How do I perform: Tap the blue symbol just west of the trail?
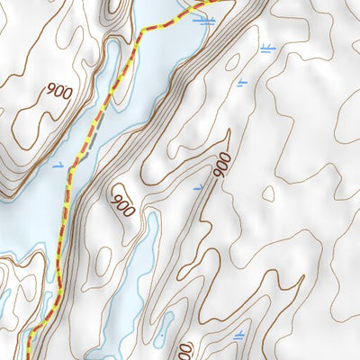(x=58, y=165)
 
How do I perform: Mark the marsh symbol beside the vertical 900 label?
(x=199, y=187)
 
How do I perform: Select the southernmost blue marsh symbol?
(x=238, y=335)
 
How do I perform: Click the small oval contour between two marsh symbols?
(x=233, y=63)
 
